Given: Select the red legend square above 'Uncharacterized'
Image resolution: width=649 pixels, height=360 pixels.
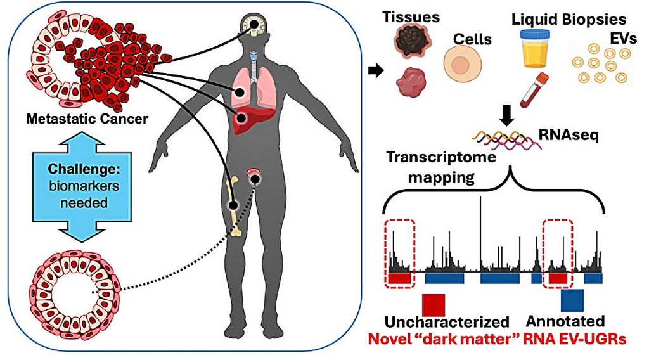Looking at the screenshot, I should click(434, 300).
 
